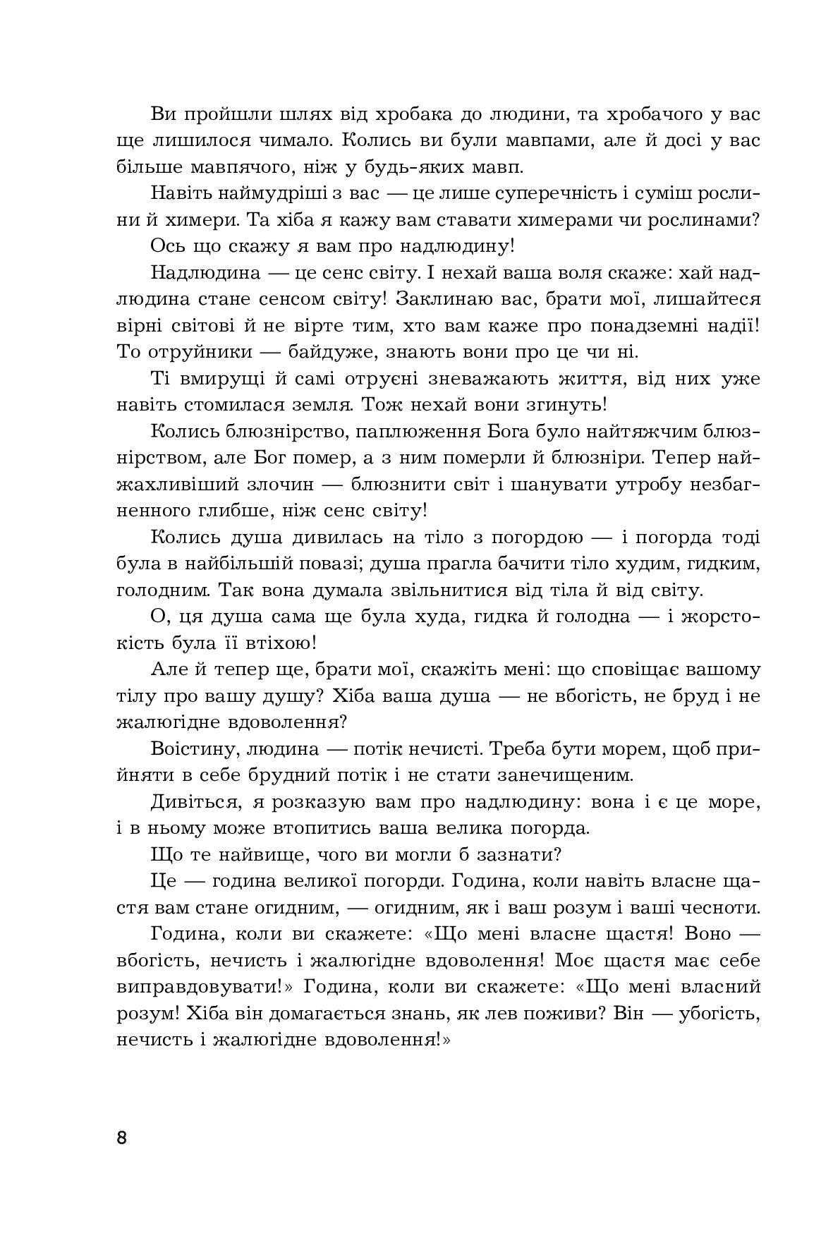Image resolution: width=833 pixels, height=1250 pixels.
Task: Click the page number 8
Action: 122,1138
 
